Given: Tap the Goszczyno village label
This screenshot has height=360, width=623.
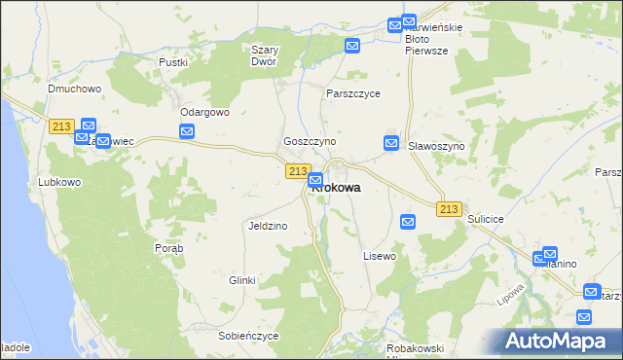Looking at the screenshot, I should (x=310, y=141).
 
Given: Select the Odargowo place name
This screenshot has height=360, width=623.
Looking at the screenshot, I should (x=203, y=112).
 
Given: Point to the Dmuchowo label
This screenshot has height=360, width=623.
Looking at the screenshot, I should (x=75, y=89).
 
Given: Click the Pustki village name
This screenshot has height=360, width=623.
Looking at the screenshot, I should (x=172, y=61).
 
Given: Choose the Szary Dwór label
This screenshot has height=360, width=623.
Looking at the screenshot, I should (x=265, y=55).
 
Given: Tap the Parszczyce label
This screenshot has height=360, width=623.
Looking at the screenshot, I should (x=353, y=94).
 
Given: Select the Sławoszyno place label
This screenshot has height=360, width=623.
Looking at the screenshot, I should (x=436, y=145).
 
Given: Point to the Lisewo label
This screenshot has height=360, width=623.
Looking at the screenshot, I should (x=380, y=256).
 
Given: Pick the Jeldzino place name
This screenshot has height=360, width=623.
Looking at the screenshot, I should (x=267, y=226).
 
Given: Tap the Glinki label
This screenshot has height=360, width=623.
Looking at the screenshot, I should (x=241, y=280).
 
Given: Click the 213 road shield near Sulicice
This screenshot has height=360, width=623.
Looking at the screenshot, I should (x=449, y=209).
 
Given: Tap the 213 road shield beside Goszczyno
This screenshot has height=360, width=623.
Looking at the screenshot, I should (x=298, y=171).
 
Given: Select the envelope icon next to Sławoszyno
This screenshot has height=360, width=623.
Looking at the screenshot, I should (x=391, y=143).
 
